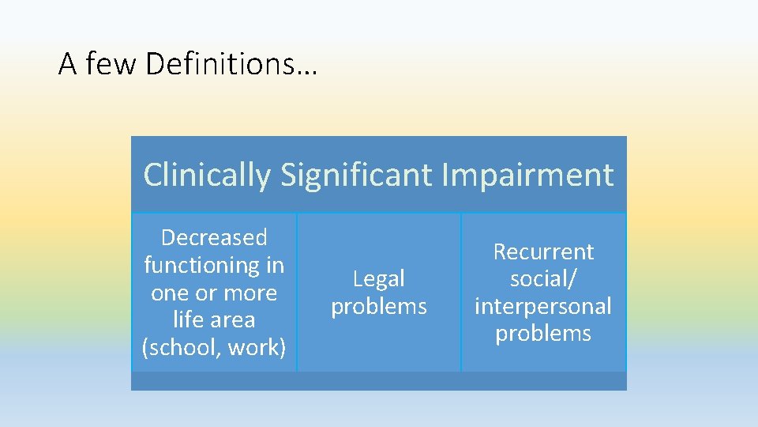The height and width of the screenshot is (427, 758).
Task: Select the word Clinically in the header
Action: (207, 175)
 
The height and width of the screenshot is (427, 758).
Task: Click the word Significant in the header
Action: (356, 175)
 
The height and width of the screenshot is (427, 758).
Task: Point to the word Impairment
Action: (527, 175)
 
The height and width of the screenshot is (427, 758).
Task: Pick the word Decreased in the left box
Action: (214, 237)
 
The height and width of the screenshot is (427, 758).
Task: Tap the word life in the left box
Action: (189, 319)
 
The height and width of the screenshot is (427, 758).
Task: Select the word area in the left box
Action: (233, 320)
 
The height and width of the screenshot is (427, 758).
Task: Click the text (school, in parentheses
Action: (178, 347)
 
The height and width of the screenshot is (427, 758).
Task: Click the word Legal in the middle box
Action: (379, 278)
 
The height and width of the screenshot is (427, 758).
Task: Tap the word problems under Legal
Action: (379, 306)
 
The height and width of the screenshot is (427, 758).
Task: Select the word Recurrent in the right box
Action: (543, 251)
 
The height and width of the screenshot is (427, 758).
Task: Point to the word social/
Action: (543, 278)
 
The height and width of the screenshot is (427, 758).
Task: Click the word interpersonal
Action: (543, 306)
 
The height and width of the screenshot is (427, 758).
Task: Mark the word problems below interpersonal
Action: (543, 333)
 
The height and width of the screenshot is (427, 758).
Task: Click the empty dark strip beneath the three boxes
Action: (379, 381)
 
